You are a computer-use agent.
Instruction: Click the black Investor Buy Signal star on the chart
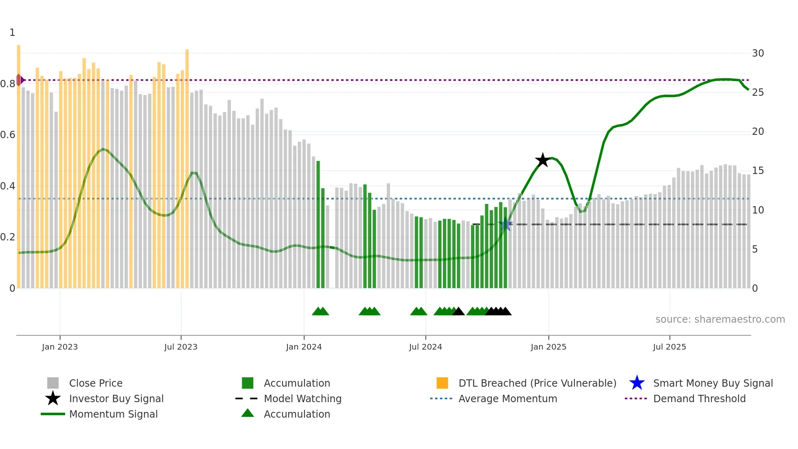point(542,160)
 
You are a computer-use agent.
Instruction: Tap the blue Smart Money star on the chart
point(505,224)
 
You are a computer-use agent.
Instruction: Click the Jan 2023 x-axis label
point(60,347)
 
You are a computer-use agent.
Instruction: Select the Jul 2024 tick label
point(425,347)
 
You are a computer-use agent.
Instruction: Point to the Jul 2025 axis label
point(669,347)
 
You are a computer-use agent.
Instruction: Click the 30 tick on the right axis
point(758,53)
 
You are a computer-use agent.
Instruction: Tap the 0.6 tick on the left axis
point(8,135)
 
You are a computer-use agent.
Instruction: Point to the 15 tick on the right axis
point(758,171)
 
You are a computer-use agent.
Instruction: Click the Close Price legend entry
point(96,383)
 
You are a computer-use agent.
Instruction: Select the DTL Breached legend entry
point(537,383)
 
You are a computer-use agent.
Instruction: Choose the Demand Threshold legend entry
point(699,398)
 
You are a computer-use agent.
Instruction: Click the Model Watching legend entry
point(303,398)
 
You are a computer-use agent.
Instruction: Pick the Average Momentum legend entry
point(507,398)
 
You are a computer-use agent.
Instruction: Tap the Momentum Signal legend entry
point(113,414)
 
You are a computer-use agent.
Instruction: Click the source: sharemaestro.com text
point(720,319)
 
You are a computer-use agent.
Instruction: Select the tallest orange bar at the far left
point(19,163)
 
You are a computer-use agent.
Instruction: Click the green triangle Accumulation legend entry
point(297,414)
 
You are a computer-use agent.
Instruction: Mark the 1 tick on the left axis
point(12,33)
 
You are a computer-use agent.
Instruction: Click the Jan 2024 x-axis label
point(304,347)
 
